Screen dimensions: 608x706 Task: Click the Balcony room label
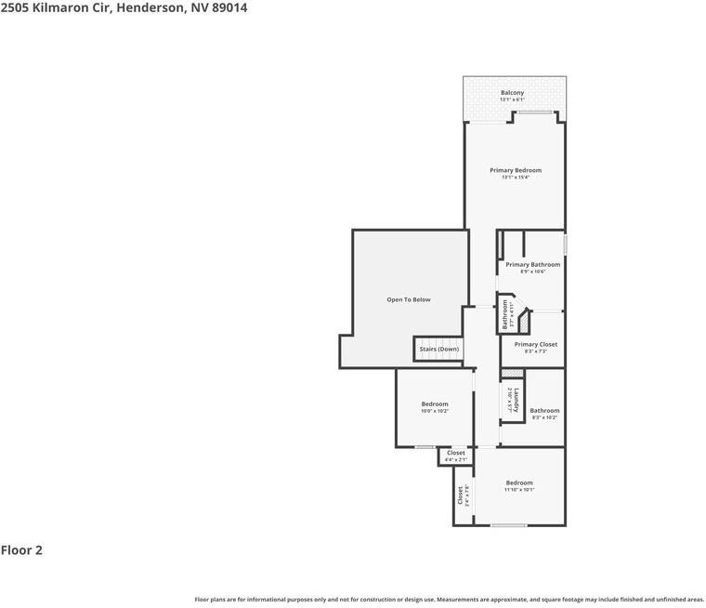click(513, 92)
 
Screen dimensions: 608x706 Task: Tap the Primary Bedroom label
click(516, 170)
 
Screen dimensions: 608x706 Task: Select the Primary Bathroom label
click(532, 265)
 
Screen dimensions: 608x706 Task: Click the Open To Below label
click(409, 299)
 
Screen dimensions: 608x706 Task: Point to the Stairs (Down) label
click(439, 349)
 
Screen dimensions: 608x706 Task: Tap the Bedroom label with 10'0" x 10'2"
click(435, 403)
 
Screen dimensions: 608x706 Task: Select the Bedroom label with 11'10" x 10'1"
click(519, 482)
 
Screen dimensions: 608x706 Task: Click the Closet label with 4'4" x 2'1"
click(455, 453)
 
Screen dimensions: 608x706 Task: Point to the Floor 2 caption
click(21, 550)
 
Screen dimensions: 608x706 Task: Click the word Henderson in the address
click(149, 7)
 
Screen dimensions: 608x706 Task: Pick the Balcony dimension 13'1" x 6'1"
click(513, 99)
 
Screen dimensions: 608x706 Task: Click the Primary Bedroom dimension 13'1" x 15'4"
click(516, 178)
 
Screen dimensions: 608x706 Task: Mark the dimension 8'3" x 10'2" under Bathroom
click(544, 417)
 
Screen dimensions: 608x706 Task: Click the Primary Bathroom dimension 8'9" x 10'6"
click(532, 271)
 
